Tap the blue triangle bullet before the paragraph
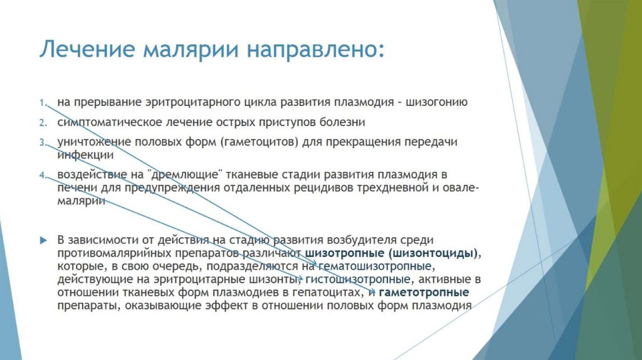click(43, 240)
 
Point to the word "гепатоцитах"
click(330, 293)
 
